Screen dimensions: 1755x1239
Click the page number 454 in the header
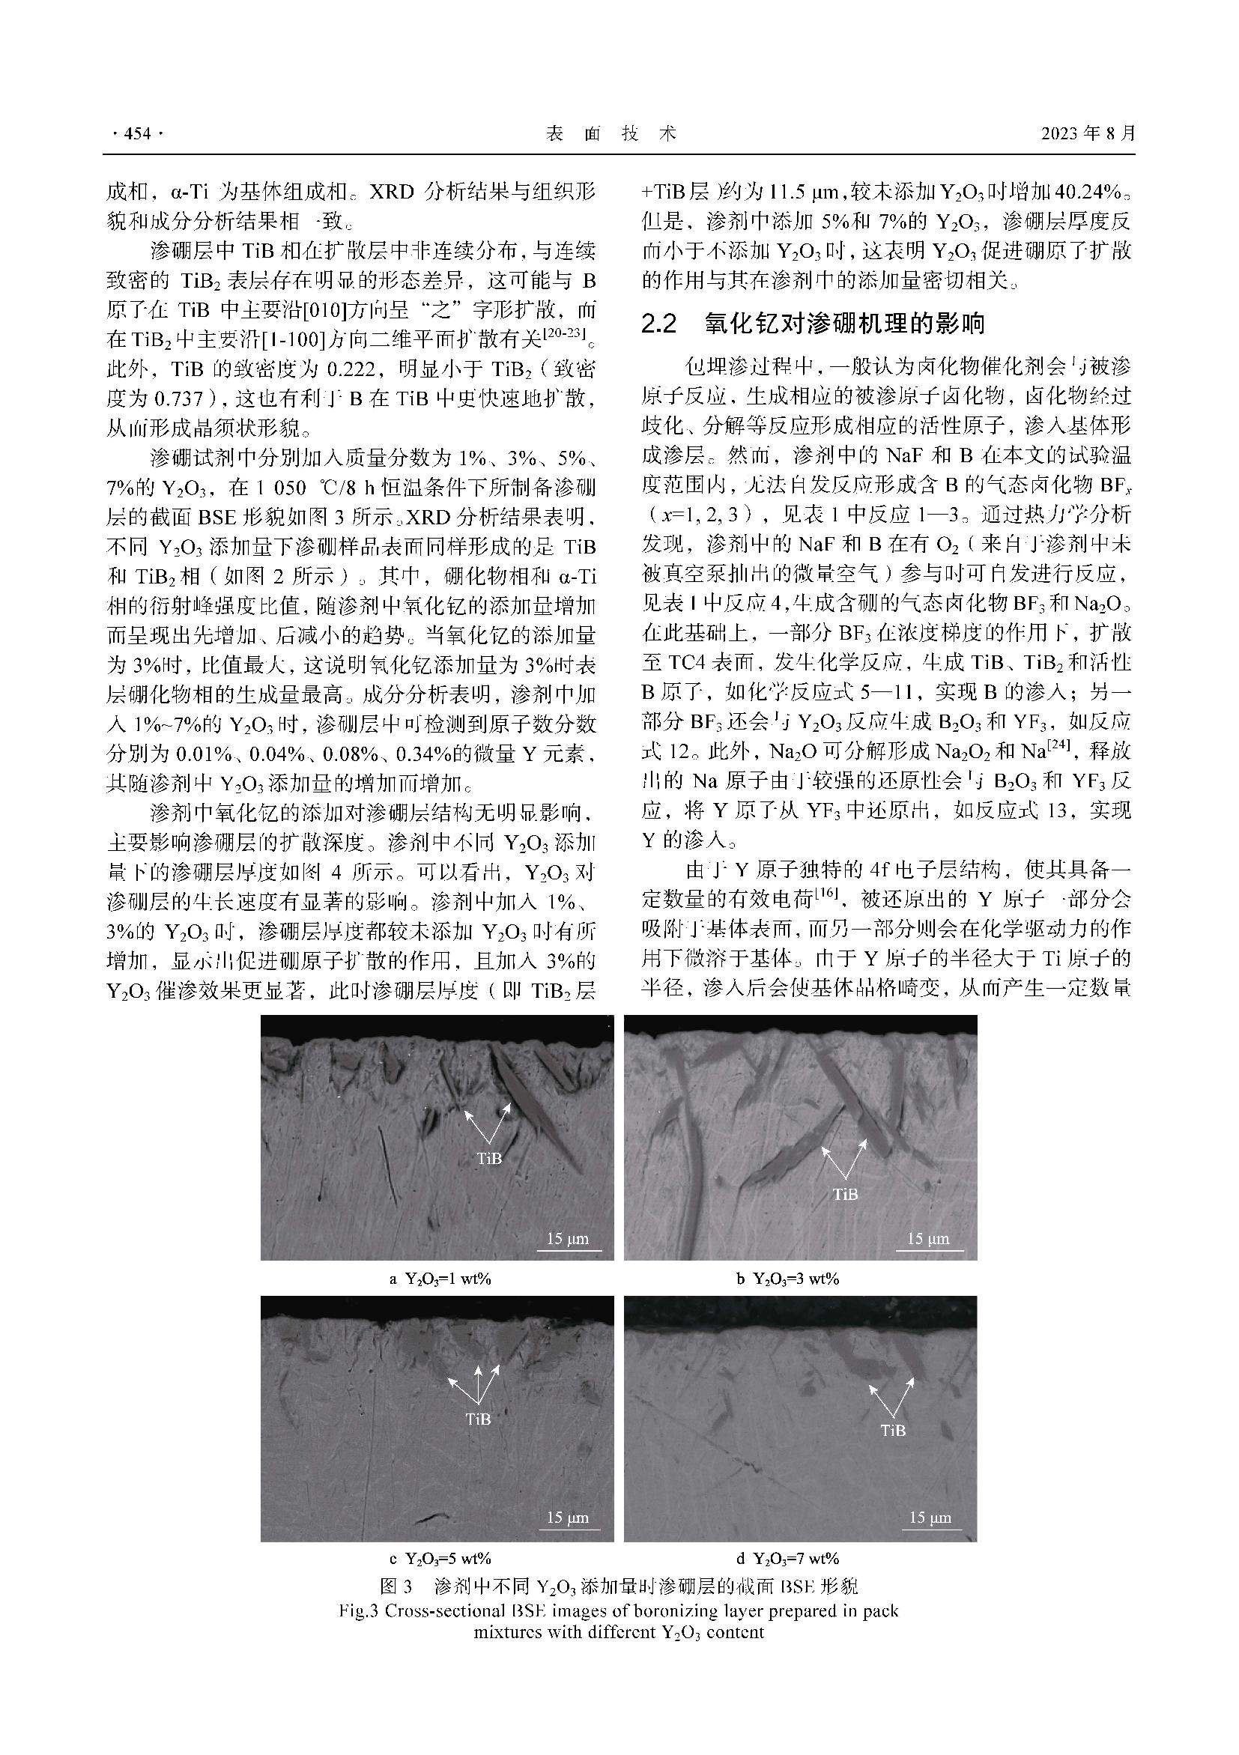click(x=138, y=134)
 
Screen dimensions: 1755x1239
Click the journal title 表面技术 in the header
click(x=611, y=134)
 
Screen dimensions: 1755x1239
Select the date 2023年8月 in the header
click(x=1088, y=134)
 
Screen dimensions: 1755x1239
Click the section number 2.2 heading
click(x=659, y=324)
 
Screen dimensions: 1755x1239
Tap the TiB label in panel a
click(x=489, y=1158)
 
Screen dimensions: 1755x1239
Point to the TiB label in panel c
click(x=479, y=1419)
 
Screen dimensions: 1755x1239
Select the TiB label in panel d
click(x=893, y=1430)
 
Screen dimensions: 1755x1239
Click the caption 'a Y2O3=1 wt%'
click(x=440, y=1278)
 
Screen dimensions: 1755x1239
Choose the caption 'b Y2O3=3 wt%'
click(x=788, y=1278)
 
